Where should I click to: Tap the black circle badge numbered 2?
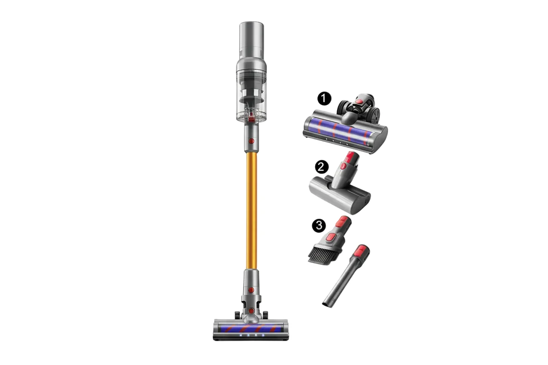point(322,167)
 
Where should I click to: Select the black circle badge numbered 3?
point(318,225)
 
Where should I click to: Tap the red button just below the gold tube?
point(251,290)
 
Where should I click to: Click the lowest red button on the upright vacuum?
point(251,311)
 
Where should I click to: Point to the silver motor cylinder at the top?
point(251,39)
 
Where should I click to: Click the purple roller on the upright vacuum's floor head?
point(251,328)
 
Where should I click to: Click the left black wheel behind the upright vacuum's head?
point(237,315)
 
